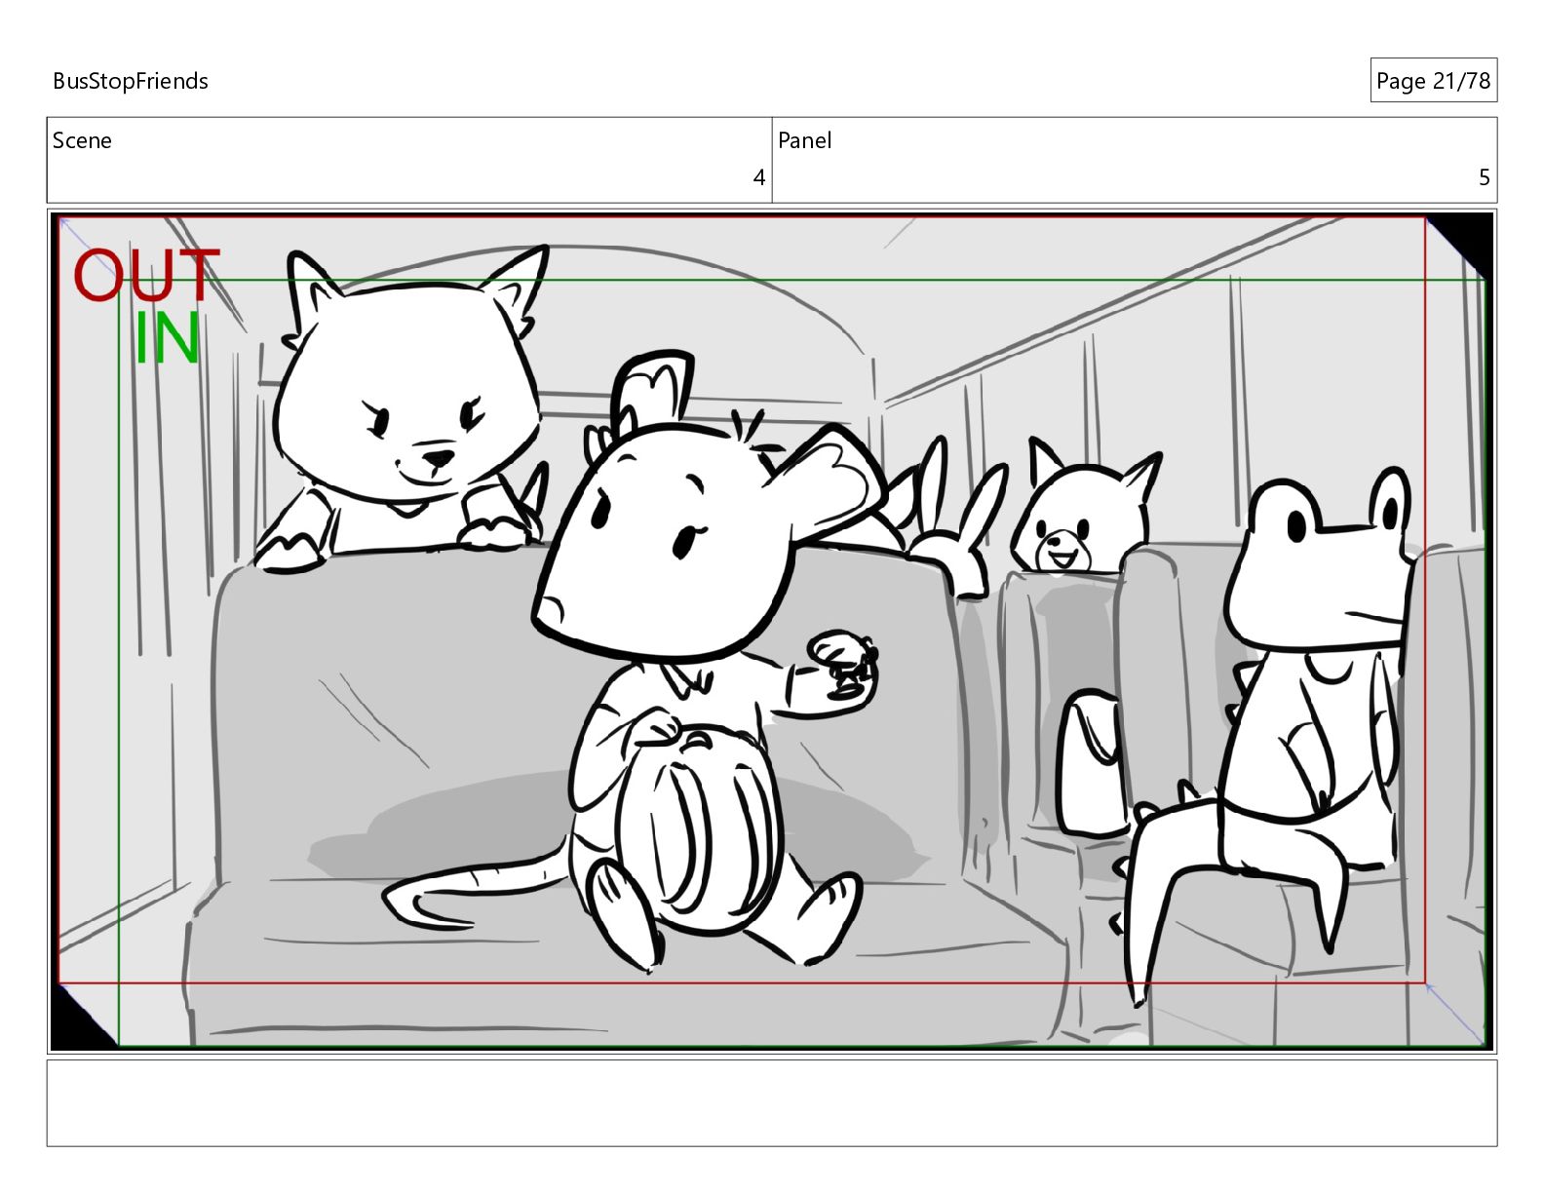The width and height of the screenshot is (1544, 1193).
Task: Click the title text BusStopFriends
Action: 130,81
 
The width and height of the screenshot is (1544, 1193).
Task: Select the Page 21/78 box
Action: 1433,80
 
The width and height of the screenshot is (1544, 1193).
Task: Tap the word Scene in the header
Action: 82,140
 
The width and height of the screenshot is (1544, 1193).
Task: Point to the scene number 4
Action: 759,177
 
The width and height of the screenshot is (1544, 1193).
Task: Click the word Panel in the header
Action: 804,140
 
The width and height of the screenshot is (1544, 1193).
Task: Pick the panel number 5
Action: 1485,177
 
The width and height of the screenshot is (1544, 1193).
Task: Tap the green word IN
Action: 167,338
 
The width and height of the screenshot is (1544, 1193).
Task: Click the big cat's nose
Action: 438,458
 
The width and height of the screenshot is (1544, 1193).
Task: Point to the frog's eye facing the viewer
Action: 1295,526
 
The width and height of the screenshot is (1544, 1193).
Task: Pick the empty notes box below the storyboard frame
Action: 772,1102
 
